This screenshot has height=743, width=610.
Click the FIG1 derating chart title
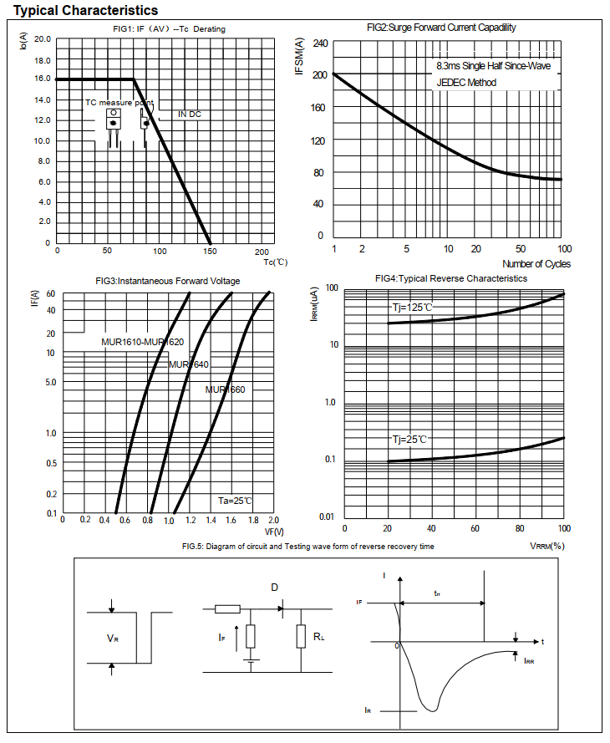click(x=169, y=29)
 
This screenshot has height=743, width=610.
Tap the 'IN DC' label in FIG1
click(x=189, y=114)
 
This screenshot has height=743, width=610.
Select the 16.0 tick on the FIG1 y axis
click(x=42, y=79)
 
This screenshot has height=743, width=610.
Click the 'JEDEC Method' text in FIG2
click(x=466, y=82)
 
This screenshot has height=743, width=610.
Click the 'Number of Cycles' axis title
click(x=536, y=264)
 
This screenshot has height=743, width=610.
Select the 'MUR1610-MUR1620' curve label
click(x=142, y=342)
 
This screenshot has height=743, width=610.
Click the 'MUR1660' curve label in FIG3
click(x=225, y=389)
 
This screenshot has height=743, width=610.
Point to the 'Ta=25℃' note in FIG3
click(x=235, y=501)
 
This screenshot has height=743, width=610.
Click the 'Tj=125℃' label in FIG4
click(x=413, y=308)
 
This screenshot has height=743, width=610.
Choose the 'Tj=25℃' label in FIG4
click(x=409, y=439)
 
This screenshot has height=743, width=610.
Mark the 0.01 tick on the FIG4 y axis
click(x=327, y=517)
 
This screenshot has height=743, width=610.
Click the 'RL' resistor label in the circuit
click(x=318, y=637)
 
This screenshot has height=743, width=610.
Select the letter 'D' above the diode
click(x=274, y=587)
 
